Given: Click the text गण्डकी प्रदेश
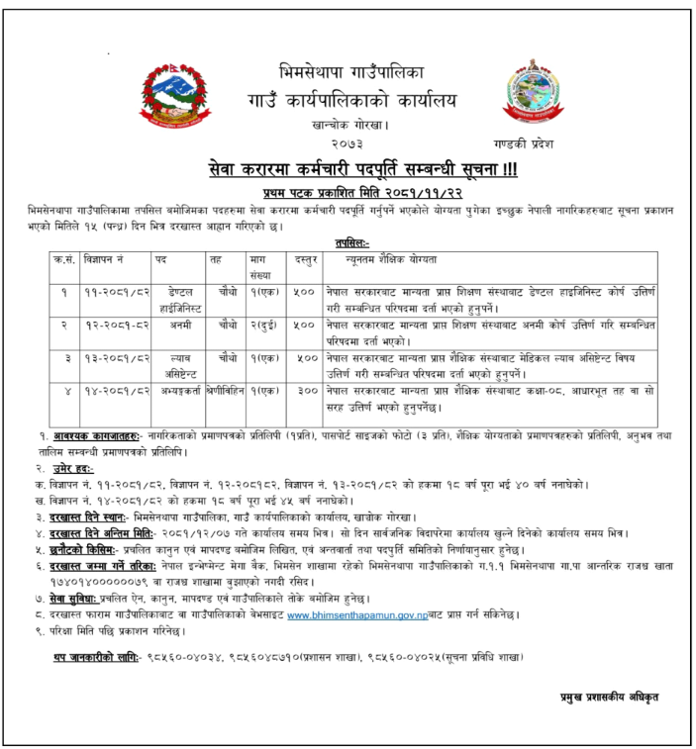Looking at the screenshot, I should (x=540, y=143).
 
